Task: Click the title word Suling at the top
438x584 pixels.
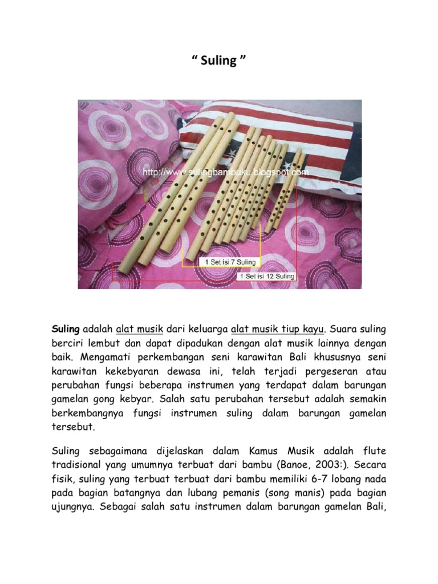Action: (x=219, y=61)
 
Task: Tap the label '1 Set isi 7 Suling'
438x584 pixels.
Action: (x=230, y=262)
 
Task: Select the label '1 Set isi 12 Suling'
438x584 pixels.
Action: (x=267, y=277)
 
